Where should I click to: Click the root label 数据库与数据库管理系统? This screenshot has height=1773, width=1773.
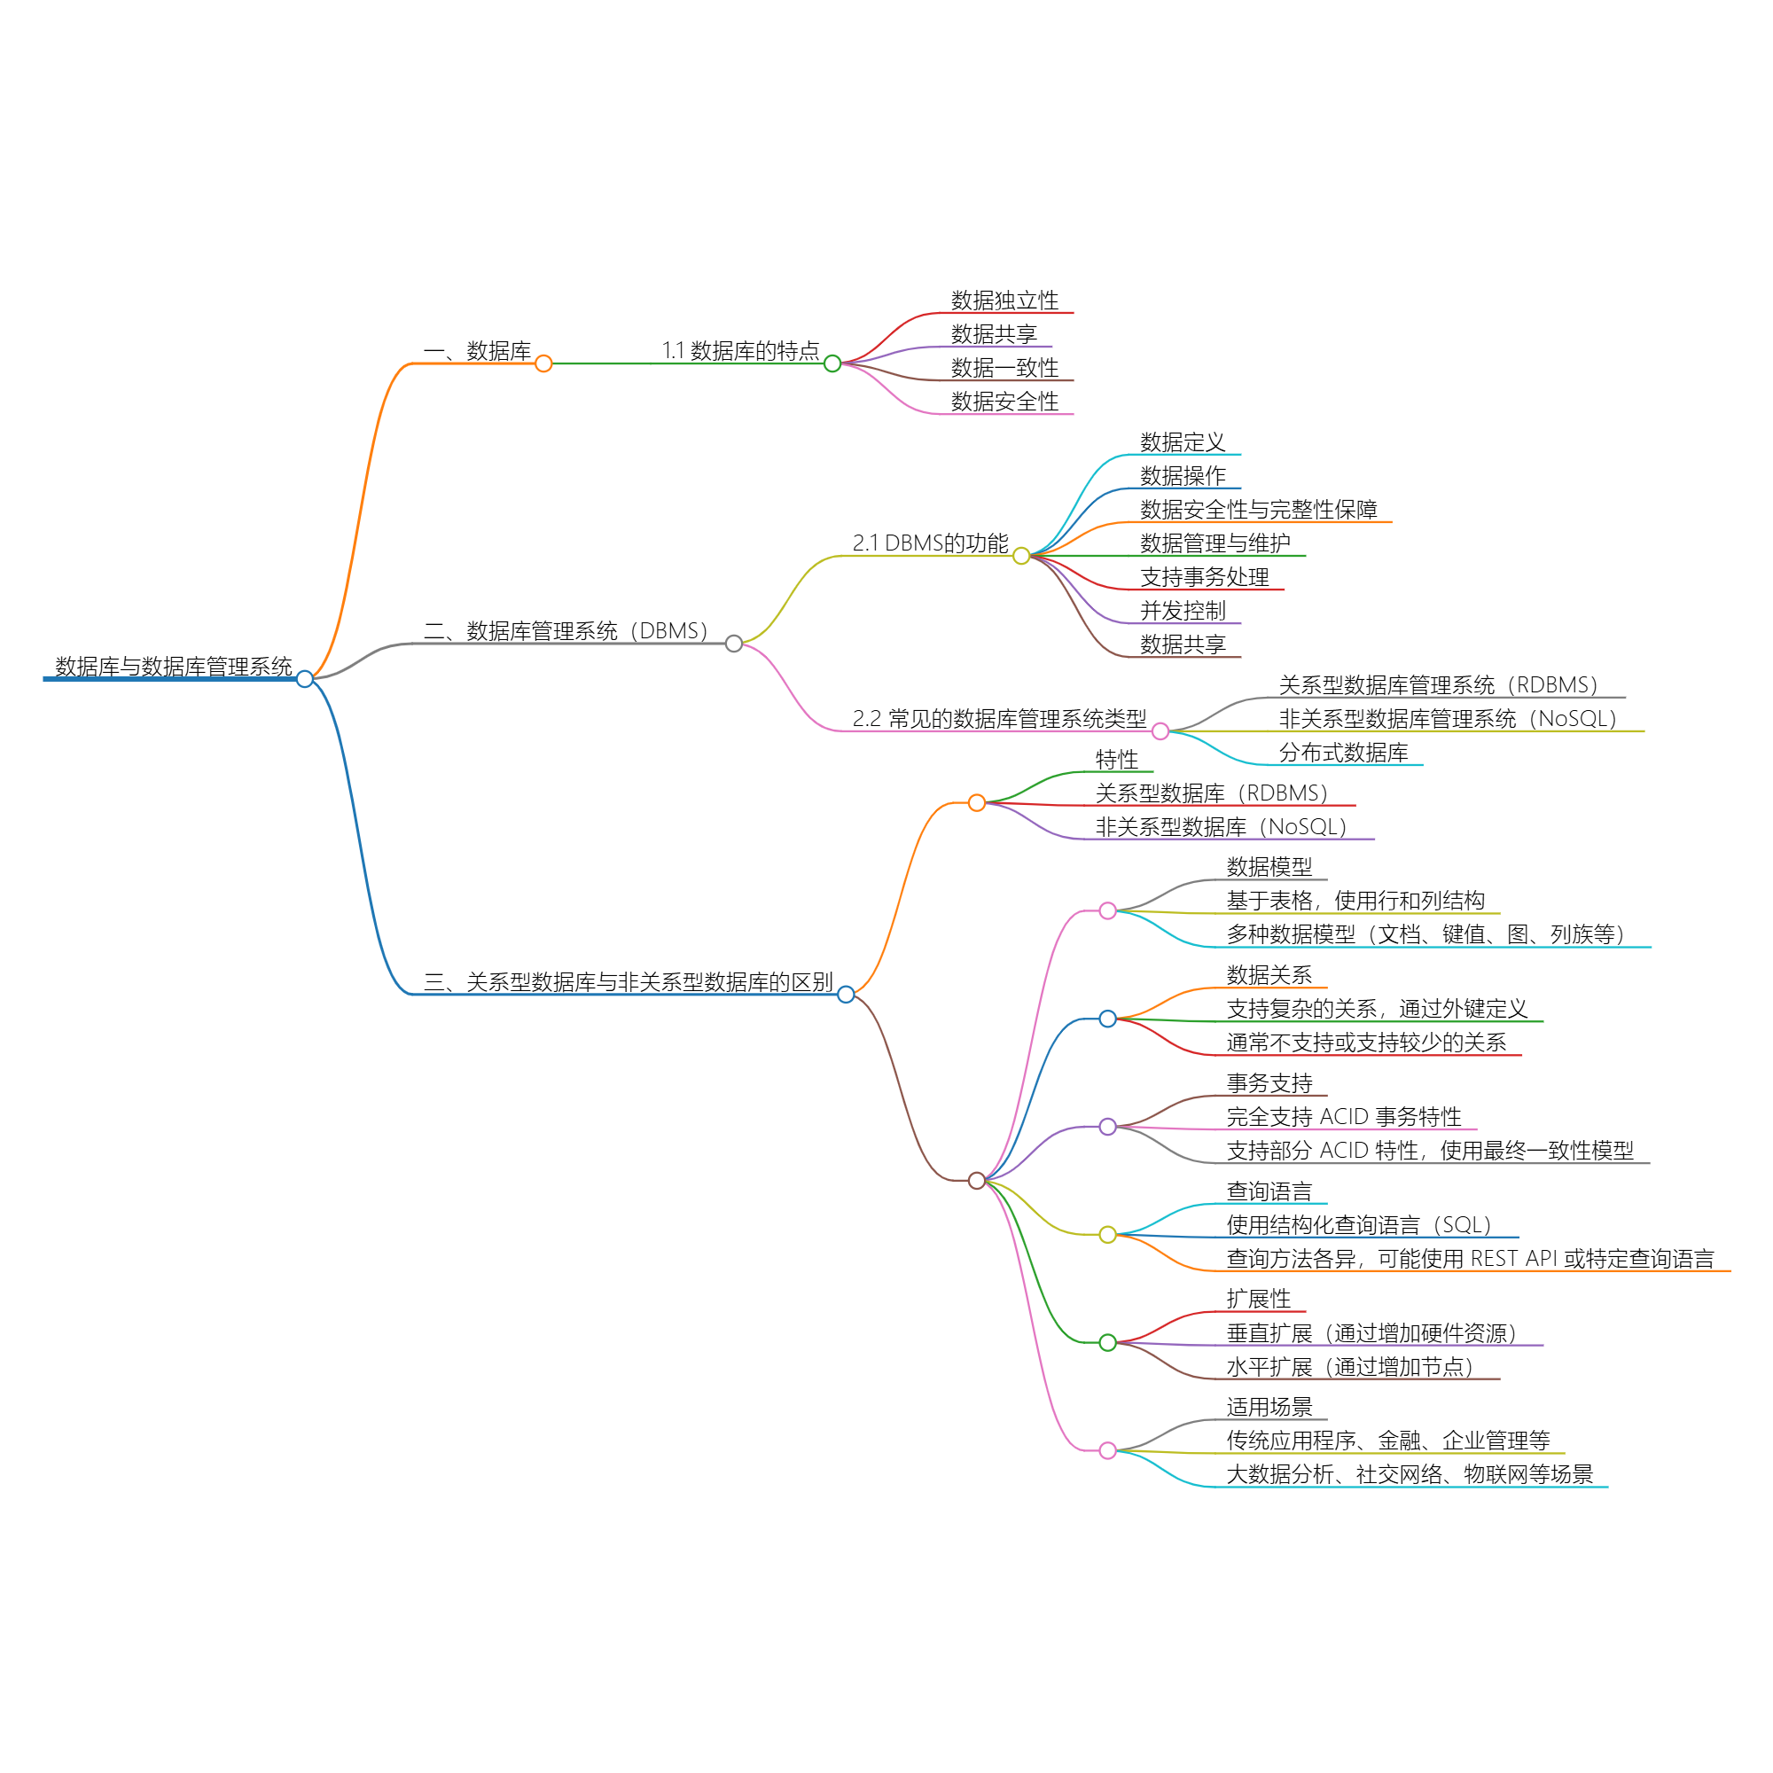point(174,667)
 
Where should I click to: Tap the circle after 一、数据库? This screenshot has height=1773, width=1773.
point(543,363)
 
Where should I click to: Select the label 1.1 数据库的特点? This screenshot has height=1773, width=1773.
point(740,350)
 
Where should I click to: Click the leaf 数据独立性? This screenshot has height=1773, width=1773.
point(1004,301)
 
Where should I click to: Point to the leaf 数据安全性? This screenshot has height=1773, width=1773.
point(1004,401)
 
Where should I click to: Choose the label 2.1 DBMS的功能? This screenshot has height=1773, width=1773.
point(930,543)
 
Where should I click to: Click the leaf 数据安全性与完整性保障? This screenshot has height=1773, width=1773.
point(1257,510)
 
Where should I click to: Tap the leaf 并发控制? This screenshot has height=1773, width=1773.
point(1182,610)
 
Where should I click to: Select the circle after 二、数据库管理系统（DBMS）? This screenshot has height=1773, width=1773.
point(733,644)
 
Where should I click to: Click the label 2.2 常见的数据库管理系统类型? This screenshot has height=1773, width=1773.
point(998,719)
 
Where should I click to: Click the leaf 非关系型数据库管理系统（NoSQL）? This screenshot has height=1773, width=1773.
point(1448,719)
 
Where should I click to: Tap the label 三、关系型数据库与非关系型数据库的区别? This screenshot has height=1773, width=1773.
point(628,982)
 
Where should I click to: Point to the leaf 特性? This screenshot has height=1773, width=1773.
point(1116,760)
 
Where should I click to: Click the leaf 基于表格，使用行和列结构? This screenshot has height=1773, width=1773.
point(1355,901)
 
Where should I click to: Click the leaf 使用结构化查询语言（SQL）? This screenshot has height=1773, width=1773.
point(1358,1225)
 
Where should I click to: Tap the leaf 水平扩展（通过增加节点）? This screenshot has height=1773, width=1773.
point(1349,1367)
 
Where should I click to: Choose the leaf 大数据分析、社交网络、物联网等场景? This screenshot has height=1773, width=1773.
point(1409,1475)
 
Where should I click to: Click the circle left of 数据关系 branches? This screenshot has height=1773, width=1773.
point(1107,1019)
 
